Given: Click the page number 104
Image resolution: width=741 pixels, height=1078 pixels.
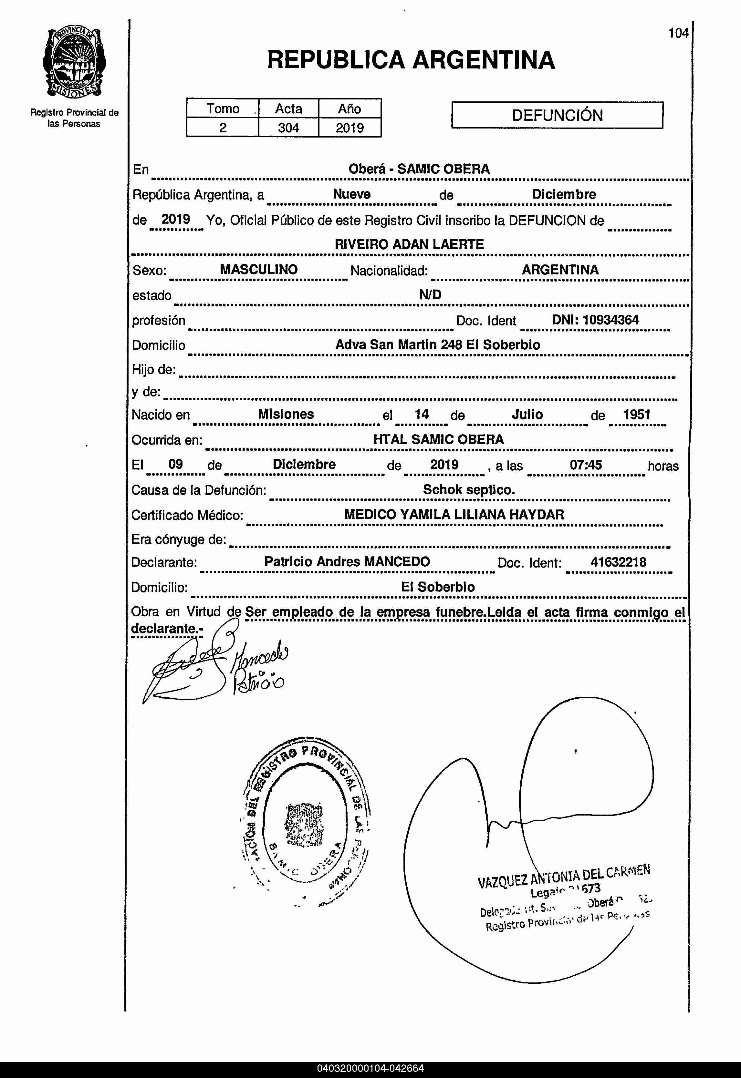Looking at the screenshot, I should coord(678,33).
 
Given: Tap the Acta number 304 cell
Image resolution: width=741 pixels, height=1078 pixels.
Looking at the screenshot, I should coord(288,128).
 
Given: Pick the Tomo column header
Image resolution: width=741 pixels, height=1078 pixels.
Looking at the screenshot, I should coord(223,108).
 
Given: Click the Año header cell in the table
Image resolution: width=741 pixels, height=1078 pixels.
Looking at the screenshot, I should coord(349,108).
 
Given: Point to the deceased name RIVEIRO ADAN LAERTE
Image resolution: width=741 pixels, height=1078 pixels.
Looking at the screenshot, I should coord(409,244).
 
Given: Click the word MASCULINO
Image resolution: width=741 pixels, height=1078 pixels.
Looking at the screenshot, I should coord(259,269).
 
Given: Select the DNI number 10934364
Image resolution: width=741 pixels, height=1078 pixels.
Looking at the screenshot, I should coord(610,320).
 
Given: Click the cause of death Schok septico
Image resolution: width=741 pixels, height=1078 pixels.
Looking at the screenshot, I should coord(468,489).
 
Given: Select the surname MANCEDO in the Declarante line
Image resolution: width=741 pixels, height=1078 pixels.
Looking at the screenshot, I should coord(397,561).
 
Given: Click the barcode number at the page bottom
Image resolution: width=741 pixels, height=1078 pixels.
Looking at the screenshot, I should coord(370,1069).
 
